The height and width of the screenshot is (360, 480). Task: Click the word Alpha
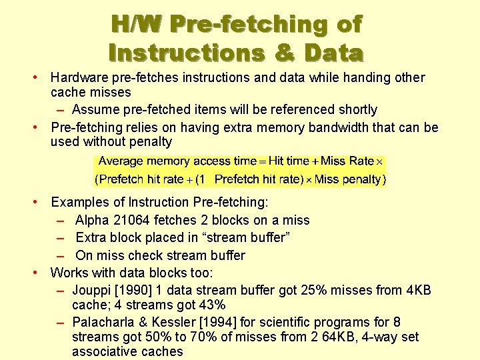(x=93, y=220)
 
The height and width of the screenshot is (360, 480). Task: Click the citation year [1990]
(x=139, y=290)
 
